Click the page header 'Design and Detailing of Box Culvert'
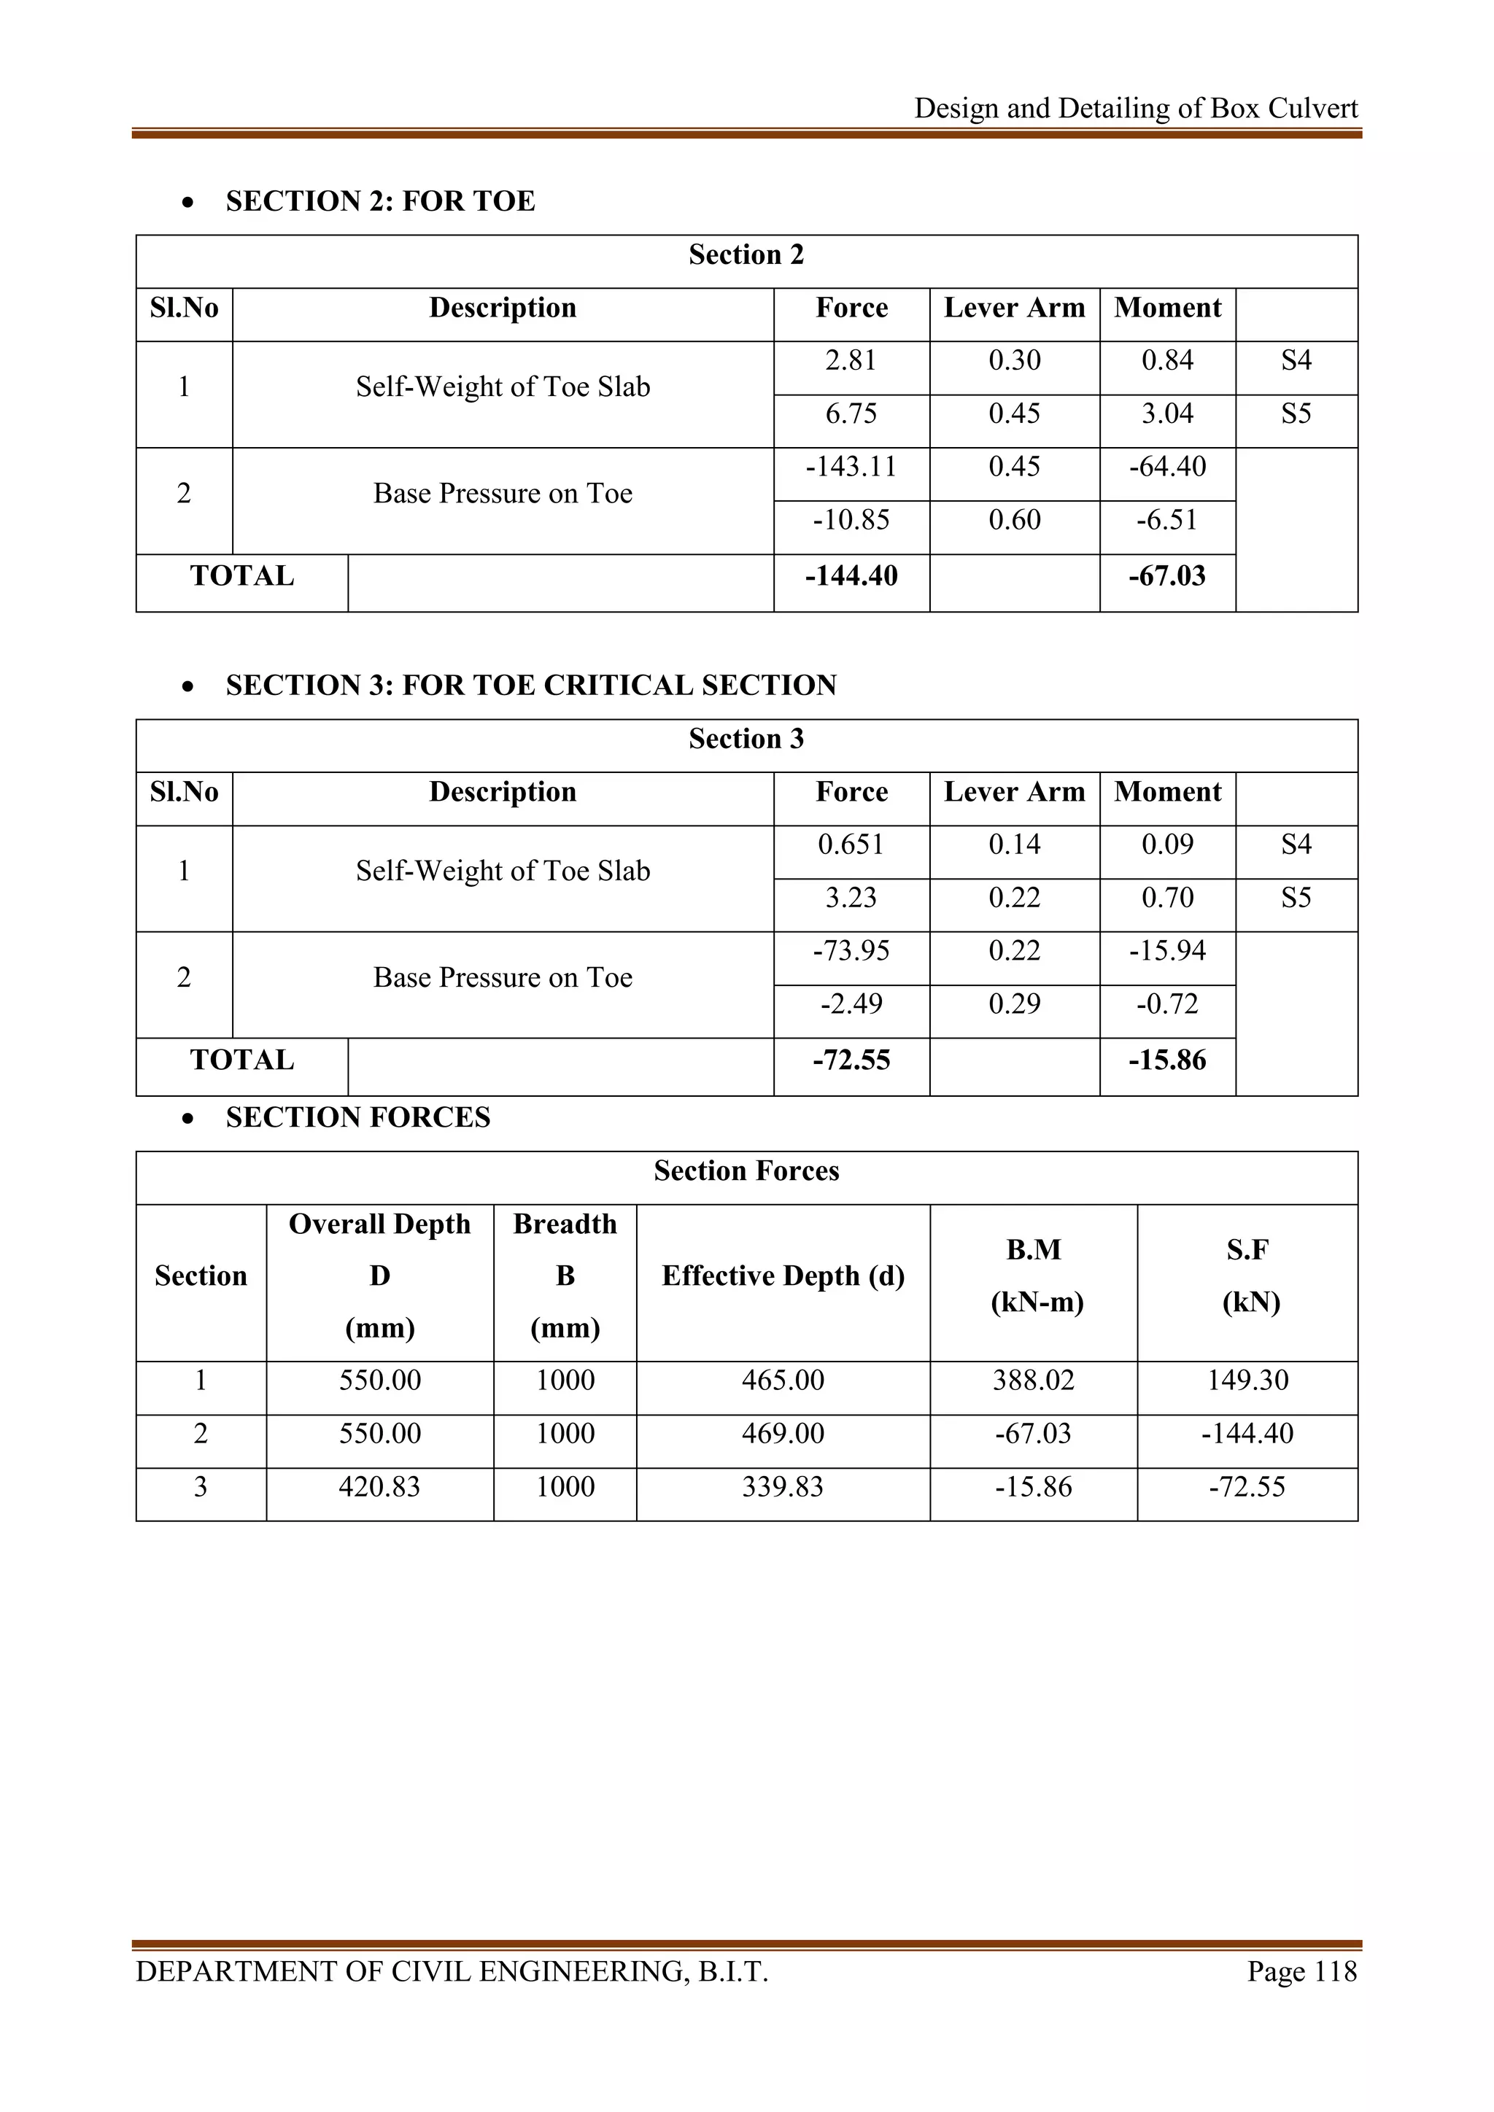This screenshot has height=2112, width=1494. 1135,109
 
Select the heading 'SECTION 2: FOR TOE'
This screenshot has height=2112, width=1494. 380,201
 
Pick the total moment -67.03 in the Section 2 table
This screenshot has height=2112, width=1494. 1166,577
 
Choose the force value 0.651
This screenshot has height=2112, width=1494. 851,845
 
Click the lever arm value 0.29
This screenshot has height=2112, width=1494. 1014,1003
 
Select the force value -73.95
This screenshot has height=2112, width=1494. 851,951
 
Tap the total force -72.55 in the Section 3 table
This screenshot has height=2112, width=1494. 851,1060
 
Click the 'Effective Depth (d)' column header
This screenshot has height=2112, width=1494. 783,1276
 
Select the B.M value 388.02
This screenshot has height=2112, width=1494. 1033,1381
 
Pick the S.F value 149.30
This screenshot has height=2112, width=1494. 1247,1381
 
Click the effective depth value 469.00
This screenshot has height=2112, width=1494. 783,1434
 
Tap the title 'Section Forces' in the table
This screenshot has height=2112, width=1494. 746,1171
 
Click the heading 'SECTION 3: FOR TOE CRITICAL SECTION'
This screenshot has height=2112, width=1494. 531,686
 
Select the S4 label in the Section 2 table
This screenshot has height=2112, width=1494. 1296,360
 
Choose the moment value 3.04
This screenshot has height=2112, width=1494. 1166,414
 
